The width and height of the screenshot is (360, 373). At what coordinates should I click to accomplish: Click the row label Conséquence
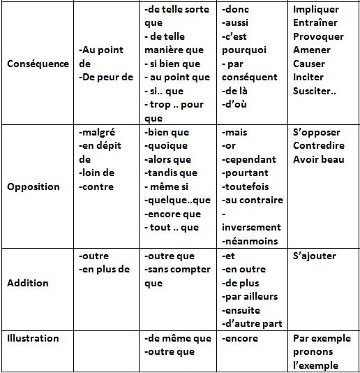point(38,64)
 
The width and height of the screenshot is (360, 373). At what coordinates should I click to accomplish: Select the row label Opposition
point(33,186)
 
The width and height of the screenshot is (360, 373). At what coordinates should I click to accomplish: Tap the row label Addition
point(28,283)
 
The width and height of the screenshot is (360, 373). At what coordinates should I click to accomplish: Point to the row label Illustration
point(33,338)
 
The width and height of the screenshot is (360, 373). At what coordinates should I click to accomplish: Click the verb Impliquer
point(316,10)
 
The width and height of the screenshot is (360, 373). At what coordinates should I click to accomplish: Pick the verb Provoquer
point(319,36)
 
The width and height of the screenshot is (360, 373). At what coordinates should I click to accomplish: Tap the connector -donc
point(236,10)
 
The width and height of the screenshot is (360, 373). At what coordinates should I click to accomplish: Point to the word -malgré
point(98,132)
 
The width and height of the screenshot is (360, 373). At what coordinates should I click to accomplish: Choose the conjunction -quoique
point(165,145)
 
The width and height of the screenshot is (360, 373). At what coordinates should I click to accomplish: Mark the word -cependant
point(248,159)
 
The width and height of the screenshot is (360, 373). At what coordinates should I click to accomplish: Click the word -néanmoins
point(249,241)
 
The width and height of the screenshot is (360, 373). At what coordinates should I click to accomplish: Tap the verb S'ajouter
point(315,256)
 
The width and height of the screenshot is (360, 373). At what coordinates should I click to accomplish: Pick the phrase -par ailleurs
point(249,296)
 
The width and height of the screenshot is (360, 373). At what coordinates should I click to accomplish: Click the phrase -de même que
point(177,338)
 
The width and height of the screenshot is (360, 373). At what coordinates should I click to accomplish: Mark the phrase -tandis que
point(170,173)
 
